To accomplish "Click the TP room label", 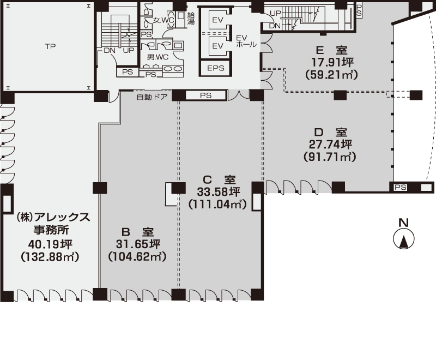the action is [50, 46].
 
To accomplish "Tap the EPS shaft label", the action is [215, 68].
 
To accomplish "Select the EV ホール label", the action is [246, 41].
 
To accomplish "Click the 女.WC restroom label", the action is [164, 20].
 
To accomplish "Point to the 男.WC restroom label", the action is [158, 57].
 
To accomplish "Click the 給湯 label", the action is [191, 18].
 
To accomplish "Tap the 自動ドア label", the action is [152, 97].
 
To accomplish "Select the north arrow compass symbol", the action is [404, 238].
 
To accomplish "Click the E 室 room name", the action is [332, 50].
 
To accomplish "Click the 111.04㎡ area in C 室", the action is [217, 205].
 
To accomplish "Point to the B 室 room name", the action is [138, 232].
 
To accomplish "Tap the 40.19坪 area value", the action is [50, 244].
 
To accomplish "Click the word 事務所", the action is [51, 230].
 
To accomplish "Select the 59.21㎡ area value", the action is [331, 75].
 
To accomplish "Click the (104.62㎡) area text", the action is [137, 256].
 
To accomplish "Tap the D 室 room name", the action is [331, 131].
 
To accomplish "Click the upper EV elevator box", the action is [217, 20].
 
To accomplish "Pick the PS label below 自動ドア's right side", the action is [206, 95].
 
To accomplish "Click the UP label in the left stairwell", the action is [129, 50].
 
